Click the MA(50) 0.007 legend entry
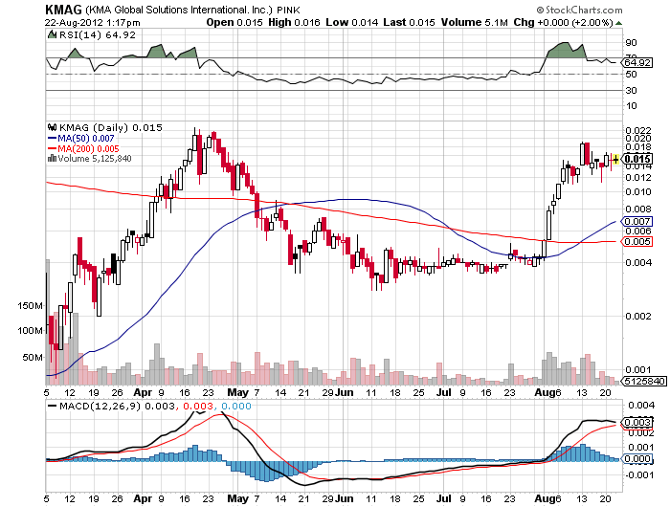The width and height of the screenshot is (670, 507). tap(79, 138)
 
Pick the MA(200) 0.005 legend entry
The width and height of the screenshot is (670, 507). tap(81, 148)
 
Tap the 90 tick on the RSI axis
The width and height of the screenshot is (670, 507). tap(632, 43)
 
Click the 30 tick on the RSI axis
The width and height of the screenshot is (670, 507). tap(632, 90)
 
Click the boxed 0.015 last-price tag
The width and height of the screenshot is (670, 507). tap(638, 158)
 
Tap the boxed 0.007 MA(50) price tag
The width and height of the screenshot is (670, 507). tap(638, 221)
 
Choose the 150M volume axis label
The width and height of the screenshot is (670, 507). tap(31, 306)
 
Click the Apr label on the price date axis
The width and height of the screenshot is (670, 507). tap(141, 392)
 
